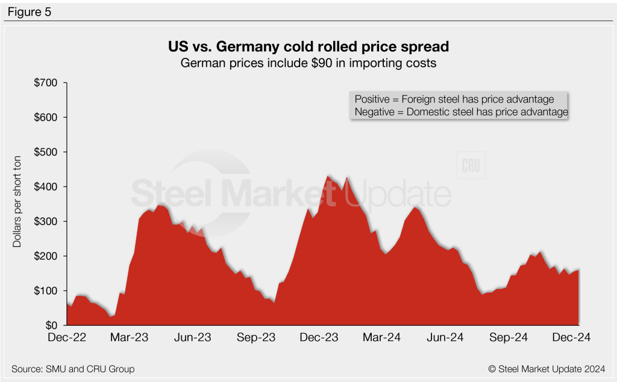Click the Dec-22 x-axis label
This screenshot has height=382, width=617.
pyautogui.click(x=66, y=338)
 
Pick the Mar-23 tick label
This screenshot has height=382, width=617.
pyautogui.click(x=130, y=338)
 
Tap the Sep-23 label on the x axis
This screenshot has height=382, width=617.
pyautogui.click(x=256, y=338)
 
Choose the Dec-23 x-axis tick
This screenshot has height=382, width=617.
pyautogui.click(x=319, y=338)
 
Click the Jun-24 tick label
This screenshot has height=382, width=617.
pyautogui.click(x=446, y=338)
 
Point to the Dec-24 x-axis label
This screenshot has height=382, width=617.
pyautogui.click(x=572, y=338)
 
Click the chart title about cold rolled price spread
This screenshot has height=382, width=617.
pyautogui.click(x=308, y=46)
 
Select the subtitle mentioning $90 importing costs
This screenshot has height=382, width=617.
pyautogui.click(x=308, y=63)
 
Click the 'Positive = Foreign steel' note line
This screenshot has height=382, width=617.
pyautogui.click(x=459, y=99)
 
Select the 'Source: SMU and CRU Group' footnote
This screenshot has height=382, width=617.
pyautogui.click(x=72, y=369)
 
